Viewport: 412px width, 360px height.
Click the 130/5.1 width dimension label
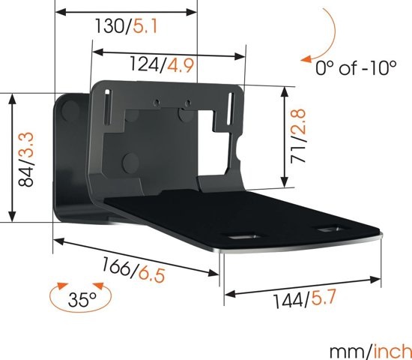coord(125,28)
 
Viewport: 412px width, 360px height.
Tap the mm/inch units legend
coord(369,349)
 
